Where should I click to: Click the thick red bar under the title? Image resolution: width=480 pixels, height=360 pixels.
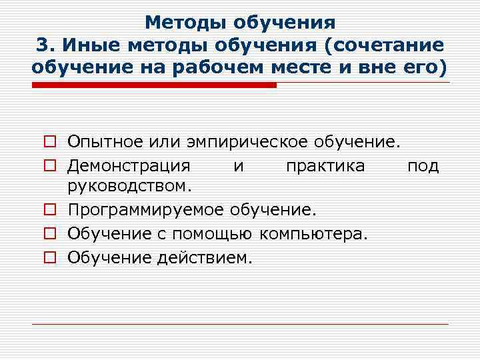(154, 85)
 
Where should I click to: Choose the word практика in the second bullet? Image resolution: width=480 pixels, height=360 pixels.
(325, 165)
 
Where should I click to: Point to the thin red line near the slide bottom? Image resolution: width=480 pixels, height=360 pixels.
(240, 324)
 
